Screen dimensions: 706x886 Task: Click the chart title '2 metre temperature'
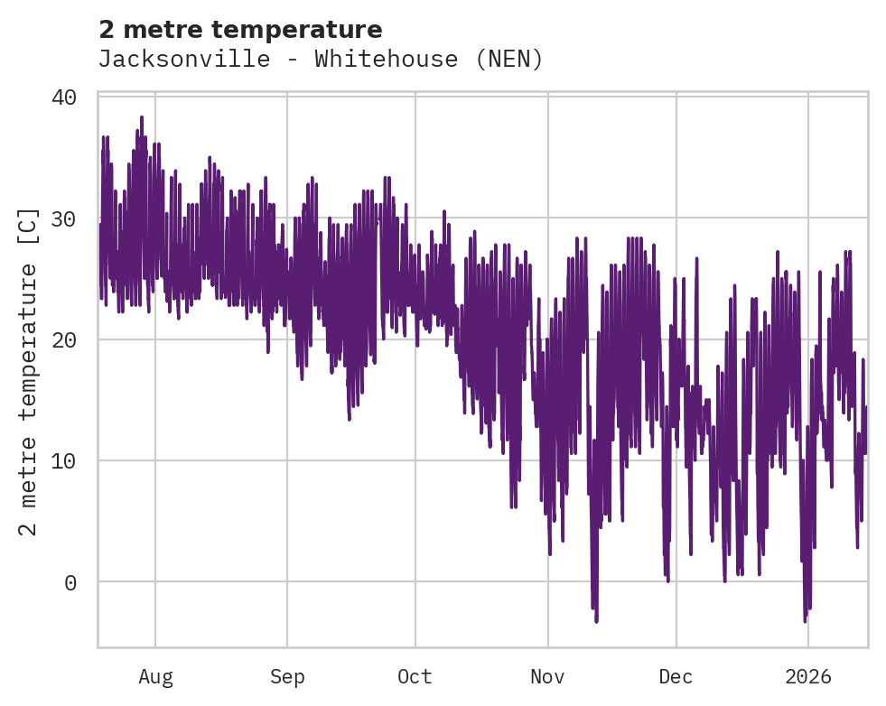coord(240,30)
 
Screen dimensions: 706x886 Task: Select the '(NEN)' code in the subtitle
coord(509,60)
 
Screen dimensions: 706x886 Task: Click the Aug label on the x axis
coord(155,676)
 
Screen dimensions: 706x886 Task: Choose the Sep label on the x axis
coord(287,676)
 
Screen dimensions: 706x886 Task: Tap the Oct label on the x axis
coord(415,676)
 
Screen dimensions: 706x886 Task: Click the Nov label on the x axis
coord(547,676)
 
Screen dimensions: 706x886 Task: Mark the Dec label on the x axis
coord(676,676)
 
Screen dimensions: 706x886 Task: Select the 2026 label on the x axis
coord(807,676)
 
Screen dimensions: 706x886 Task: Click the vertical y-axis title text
coord(29,371)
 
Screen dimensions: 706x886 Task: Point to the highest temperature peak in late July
coord(142,117)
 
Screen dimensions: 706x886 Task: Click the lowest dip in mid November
coord(596,620)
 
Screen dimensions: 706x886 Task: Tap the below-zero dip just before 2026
coord(805,619)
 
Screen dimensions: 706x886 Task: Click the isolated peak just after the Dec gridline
coord(696,259)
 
